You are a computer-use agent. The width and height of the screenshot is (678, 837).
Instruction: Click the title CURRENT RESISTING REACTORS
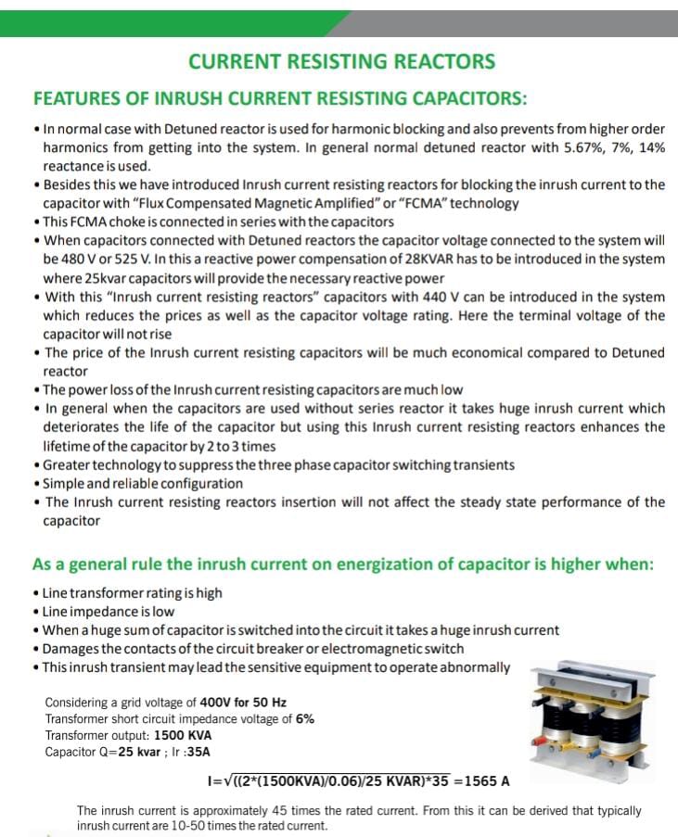pyautogui.click(x=341, y=61)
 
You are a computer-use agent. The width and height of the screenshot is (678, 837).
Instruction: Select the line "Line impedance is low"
pyautogui.click(x=109, y=611)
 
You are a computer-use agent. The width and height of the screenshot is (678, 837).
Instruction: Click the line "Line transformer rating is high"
pyautogui.click(x=133, y=592)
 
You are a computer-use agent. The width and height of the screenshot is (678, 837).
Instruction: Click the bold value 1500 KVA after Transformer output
pyautogui.click(x=183, y=735)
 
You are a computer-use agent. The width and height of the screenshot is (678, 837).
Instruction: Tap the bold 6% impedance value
pyautogui.click(x=304, y=718)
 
